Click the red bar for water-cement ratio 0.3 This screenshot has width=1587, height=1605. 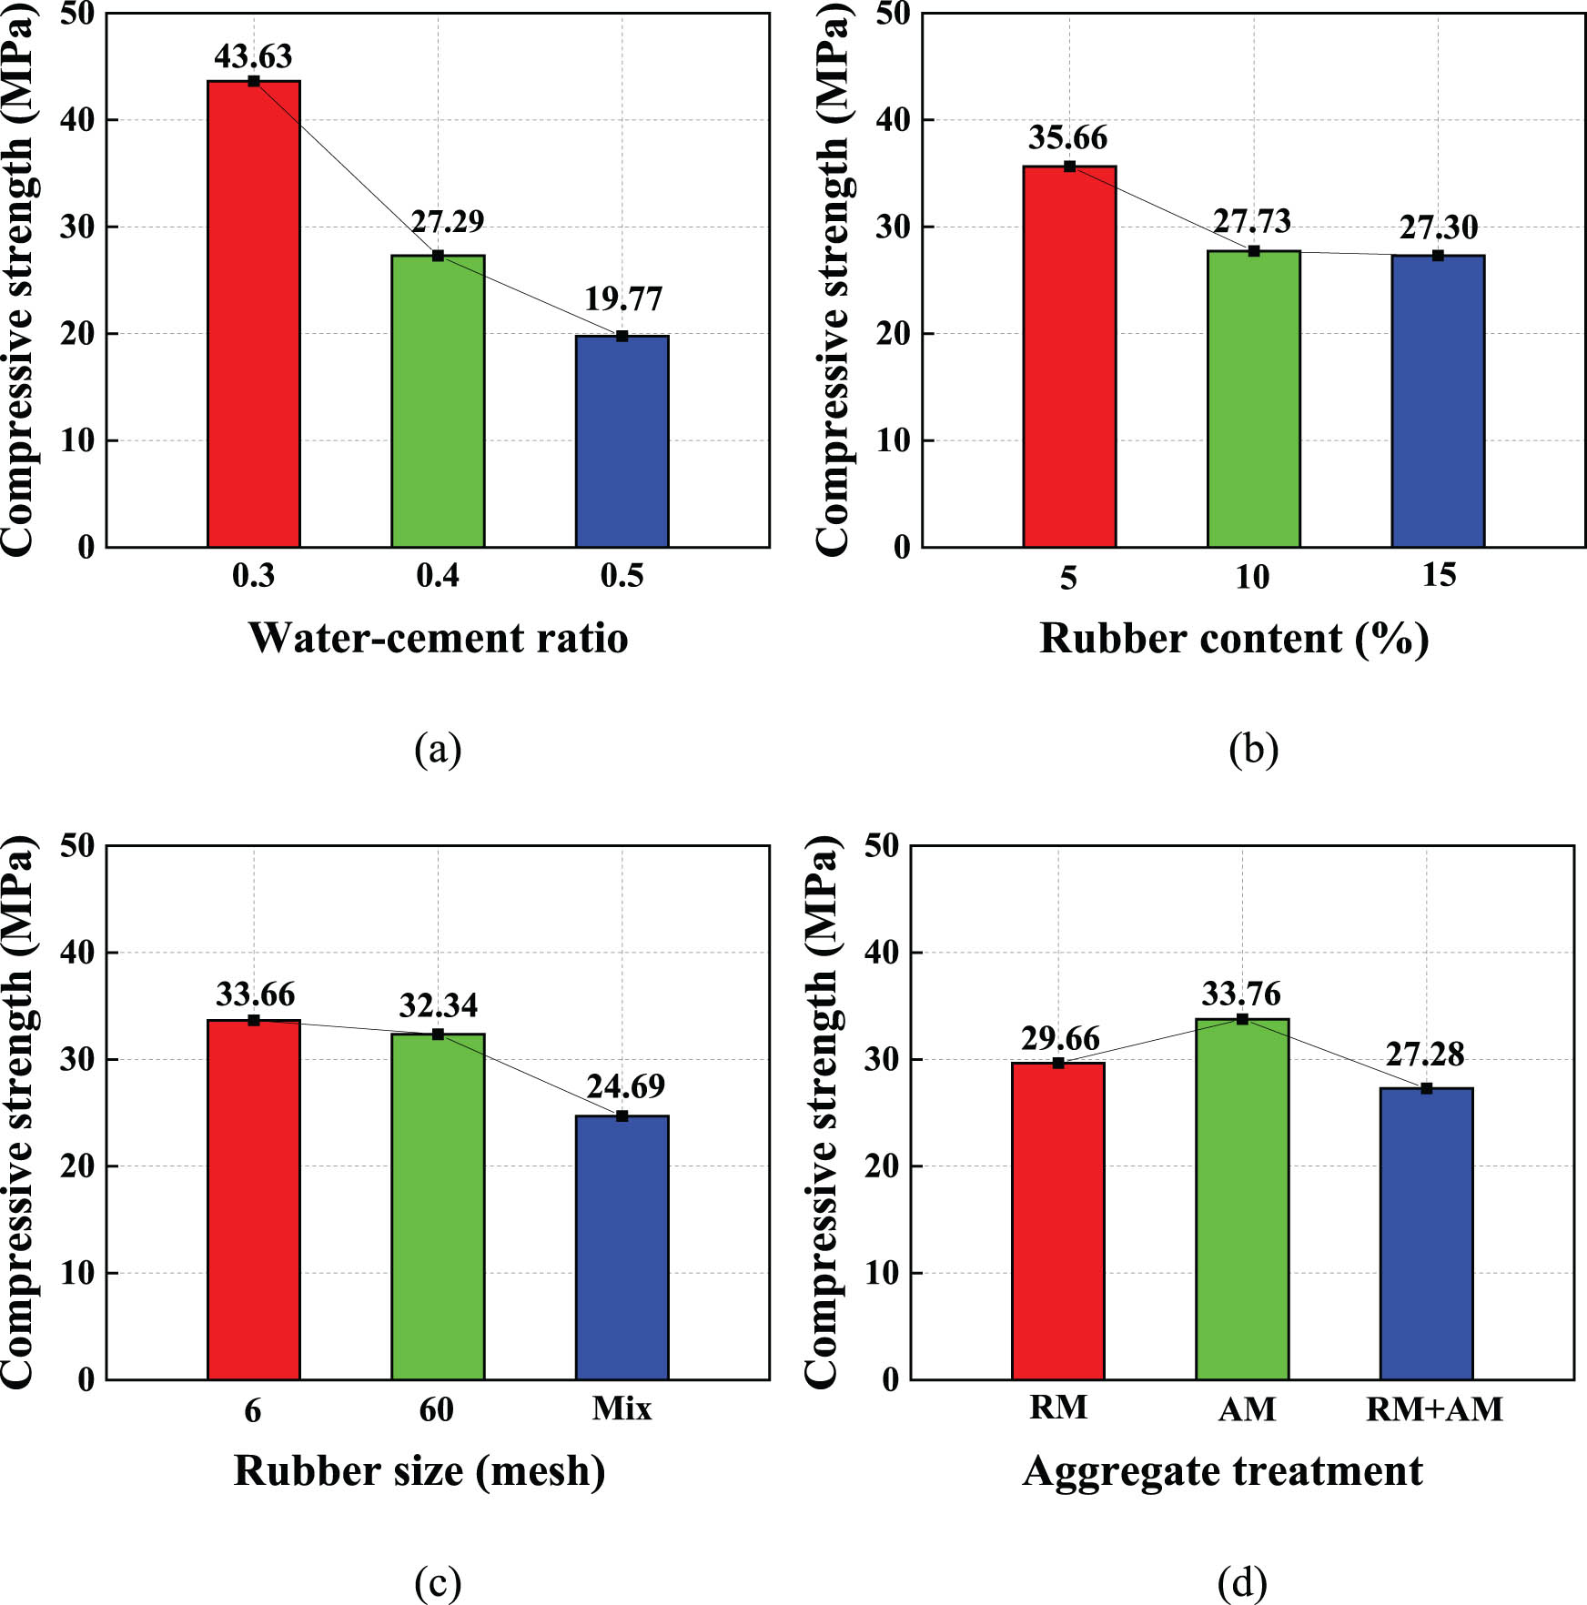tap(254, 314)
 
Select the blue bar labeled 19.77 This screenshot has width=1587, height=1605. tap(622, 441)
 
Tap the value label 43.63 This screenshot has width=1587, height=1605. tap(253, 56)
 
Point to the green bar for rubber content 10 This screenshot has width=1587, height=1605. tap(1253, 399)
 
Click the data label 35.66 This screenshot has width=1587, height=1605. tap(1067, 138)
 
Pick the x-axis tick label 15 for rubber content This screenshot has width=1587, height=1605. tap(1439, 575)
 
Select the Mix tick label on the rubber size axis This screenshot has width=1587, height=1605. tap(622, 1408)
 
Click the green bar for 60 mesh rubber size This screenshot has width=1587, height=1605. tap(438, 1206)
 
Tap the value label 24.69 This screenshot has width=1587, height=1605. tap(625, 1086)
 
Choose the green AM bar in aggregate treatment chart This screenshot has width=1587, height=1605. tap(1242, 1199)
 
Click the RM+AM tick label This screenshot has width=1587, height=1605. tap(1434, 1409)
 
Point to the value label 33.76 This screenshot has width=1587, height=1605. tap(1240, 994)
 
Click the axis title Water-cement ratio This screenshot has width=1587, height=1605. tap(438, 638)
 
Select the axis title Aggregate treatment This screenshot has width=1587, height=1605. tap(1222, 1471)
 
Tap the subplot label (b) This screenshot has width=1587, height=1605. tap(1253, 750)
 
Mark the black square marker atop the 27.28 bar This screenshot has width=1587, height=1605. tap(1426, 1088)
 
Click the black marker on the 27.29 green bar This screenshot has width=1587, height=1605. tap(438, 256)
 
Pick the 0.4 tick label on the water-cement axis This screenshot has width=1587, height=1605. tap(438, 576)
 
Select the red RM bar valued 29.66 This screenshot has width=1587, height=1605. tap(1057, 1221)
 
